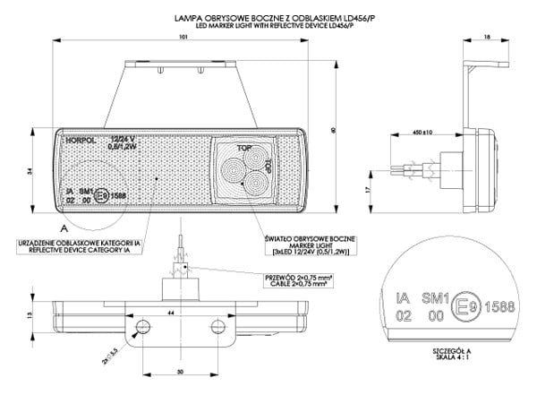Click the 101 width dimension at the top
tap(183, 38)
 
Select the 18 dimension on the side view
tap(486, 37)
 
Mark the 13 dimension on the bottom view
tap(29, 316)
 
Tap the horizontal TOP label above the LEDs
tap(243, 146)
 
